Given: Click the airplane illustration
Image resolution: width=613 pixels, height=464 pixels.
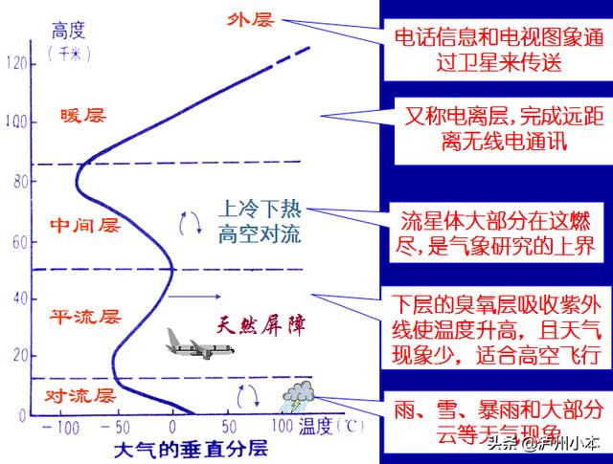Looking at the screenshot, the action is (199, 344).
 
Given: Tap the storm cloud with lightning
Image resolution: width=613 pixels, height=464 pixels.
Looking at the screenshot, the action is (298, 396).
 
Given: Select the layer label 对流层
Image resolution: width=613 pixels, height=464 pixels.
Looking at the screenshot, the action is (80, 396).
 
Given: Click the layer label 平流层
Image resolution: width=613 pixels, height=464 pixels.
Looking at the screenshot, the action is (85, 317).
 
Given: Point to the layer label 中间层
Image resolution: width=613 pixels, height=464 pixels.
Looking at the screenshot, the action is (85, 226).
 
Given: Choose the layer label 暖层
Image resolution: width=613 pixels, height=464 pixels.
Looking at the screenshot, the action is (83, 116).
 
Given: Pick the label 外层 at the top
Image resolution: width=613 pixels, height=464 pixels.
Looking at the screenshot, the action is (250, 19).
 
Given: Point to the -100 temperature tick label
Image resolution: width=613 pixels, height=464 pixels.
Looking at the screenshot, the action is (60, 428).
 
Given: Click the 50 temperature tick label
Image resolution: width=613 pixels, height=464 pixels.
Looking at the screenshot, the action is (229, 427).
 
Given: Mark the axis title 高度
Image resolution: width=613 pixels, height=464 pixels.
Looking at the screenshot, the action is (69, 31).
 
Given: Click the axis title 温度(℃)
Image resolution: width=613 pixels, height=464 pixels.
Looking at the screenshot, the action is (331, 426).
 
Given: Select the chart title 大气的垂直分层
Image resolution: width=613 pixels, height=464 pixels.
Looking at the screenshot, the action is (192, 449).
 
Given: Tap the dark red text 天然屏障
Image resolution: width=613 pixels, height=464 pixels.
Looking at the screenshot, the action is (261, 325).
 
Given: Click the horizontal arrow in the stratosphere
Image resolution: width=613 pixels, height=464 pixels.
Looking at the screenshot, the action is (194, 297).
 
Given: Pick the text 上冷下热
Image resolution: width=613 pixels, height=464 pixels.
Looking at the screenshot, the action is (260, 209).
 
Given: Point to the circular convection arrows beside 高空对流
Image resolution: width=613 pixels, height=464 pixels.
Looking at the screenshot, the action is (191, 224).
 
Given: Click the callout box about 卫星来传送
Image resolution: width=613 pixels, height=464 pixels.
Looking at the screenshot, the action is (498, 50).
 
